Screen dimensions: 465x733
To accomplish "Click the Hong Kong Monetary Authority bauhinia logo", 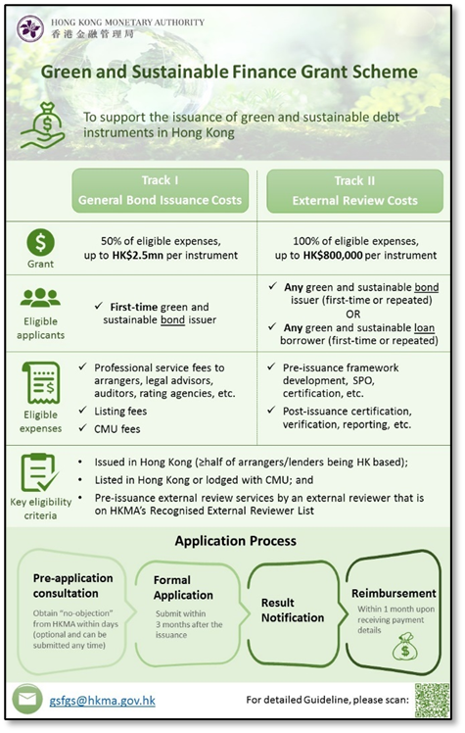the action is [x=30, y=28].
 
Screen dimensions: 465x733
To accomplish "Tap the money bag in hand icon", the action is [x=43, y=125].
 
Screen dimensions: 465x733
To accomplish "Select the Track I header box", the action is [x=160, y=191].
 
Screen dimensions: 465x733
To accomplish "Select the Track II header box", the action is [x=354, y=191].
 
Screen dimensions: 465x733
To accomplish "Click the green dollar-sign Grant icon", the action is [x=40, y=243].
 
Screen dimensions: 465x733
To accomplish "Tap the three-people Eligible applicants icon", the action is [x=40, y=298].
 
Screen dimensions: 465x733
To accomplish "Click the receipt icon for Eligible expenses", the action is [x=41, y=382].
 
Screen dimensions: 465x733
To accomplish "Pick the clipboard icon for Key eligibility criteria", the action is [x=40, y=472].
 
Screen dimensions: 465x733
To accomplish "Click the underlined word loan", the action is [x=425, y=327].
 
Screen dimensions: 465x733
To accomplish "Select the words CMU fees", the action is [x=117, y=429].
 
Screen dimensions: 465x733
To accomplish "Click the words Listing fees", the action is [x=120, y=412].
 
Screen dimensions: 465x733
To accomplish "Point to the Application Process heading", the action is [x=235, y=541].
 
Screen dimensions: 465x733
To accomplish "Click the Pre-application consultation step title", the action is [x=72, y=586].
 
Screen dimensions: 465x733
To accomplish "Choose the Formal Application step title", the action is [x=183, y=588].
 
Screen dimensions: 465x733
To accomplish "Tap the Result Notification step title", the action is [x=293, y=611].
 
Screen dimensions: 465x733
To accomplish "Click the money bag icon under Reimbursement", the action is [x=404, y=647].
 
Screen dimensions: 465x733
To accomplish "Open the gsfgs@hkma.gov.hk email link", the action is [x=102, y=701].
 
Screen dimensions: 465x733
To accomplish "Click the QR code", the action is [x=432, y=700].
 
